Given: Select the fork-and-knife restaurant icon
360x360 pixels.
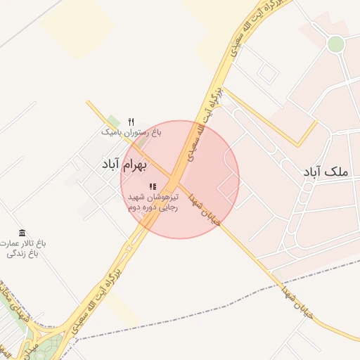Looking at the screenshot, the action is pyautogui.click(x=131, y=122).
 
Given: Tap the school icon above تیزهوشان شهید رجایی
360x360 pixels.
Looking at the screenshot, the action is pyautogui.click(x=153, y=186).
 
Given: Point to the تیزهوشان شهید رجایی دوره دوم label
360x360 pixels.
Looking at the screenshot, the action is pyautogui.click(x=153, y=202).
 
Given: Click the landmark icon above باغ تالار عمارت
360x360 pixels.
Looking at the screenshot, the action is pyautogui.click(x=22, y=233).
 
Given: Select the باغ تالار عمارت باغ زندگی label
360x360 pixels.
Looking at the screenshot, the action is pyautogui.click(x=22, y=247).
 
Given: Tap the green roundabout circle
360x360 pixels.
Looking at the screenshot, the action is pyautogui.click(x=336, y=44).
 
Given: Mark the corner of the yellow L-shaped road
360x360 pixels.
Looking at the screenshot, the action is pyautogui.click(x=298, y=145).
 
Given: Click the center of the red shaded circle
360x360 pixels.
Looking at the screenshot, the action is pyautogui.click(x=180, y=179).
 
